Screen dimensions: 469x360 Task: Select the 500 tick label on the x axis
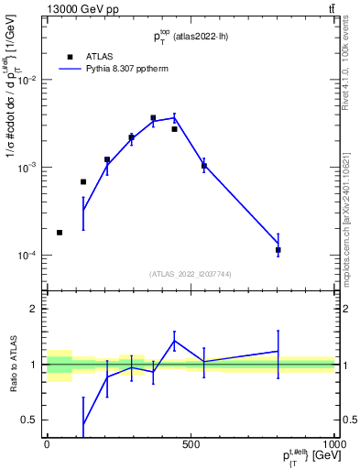click(x=191, y=444)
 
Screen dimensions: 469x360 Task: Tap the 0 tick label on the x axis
click(x=47, y=444)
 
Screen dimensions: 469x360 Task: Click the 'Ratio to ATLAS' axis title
click(x=13, y=365)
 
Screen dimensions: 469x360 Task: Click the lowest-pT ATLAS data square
click(x=60, y=233)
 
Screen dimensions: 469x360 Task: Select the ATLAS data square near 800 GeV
click(x=278, y=249)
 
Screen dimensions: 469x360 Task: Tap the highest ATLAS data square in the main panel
click(x=153, y=118)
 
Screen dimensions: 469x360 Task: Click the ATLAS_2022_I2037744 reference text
click(x=191, y=274)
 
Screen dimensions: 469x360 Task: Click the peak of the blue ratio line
click(x=174, y=341)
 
